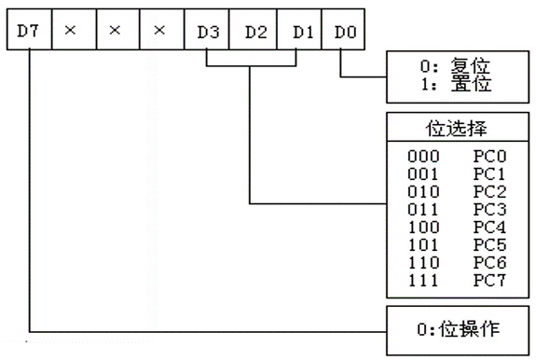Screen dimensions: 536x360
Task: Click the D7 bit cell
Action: tap(30, 30)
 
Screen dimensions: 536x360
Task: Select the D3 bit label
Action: tap(208, 32)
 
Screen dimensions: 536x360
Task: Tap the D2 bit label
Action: tap(256, 32)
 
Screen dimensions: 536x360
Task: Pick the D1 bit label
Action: tap(303, 32)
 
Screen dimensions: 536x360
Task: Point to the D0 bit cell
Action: tap(343, 30)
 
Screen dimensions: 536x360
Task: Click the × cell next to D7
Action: tap(75, 30)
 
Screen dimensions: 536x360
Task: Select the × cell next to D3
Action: tap(162, 30)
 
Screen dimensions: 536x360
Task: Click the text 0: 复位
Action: tap(455, 65)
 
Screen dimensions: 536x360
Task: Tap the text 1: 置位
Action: tap(456, 84)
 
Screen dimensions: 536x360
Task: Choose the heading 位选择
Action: tap(457, 129)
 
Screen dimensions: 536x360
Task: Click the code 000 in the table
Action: tap(423, 157)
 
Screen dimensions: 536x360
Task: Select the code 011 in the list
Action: tap(423, 210)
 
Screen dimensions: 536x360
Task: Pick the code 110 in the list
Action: tap(423, 263)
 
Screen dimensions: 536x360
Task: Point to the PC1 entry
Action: tap(489, 174)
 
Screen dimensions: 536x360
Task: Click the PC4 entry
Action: tap(489, 227)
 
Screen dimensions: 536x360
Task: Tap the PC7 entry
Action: tap(489, 281)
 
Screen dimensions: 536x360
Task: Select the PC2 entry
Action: tap(489, 192)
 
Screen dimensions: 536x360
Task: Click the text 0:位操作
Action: tap(458, 329)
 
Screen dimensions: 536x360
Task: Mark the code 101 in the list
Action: tap(423, 244)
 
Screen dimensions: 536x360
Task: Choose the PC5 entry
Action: tap(489, 244)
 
